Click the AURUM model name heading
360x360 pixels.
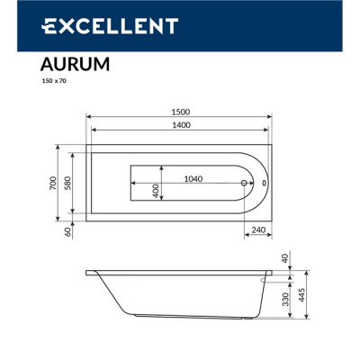[76, 64]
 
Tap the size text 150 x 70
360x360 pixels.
[54, 82]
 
